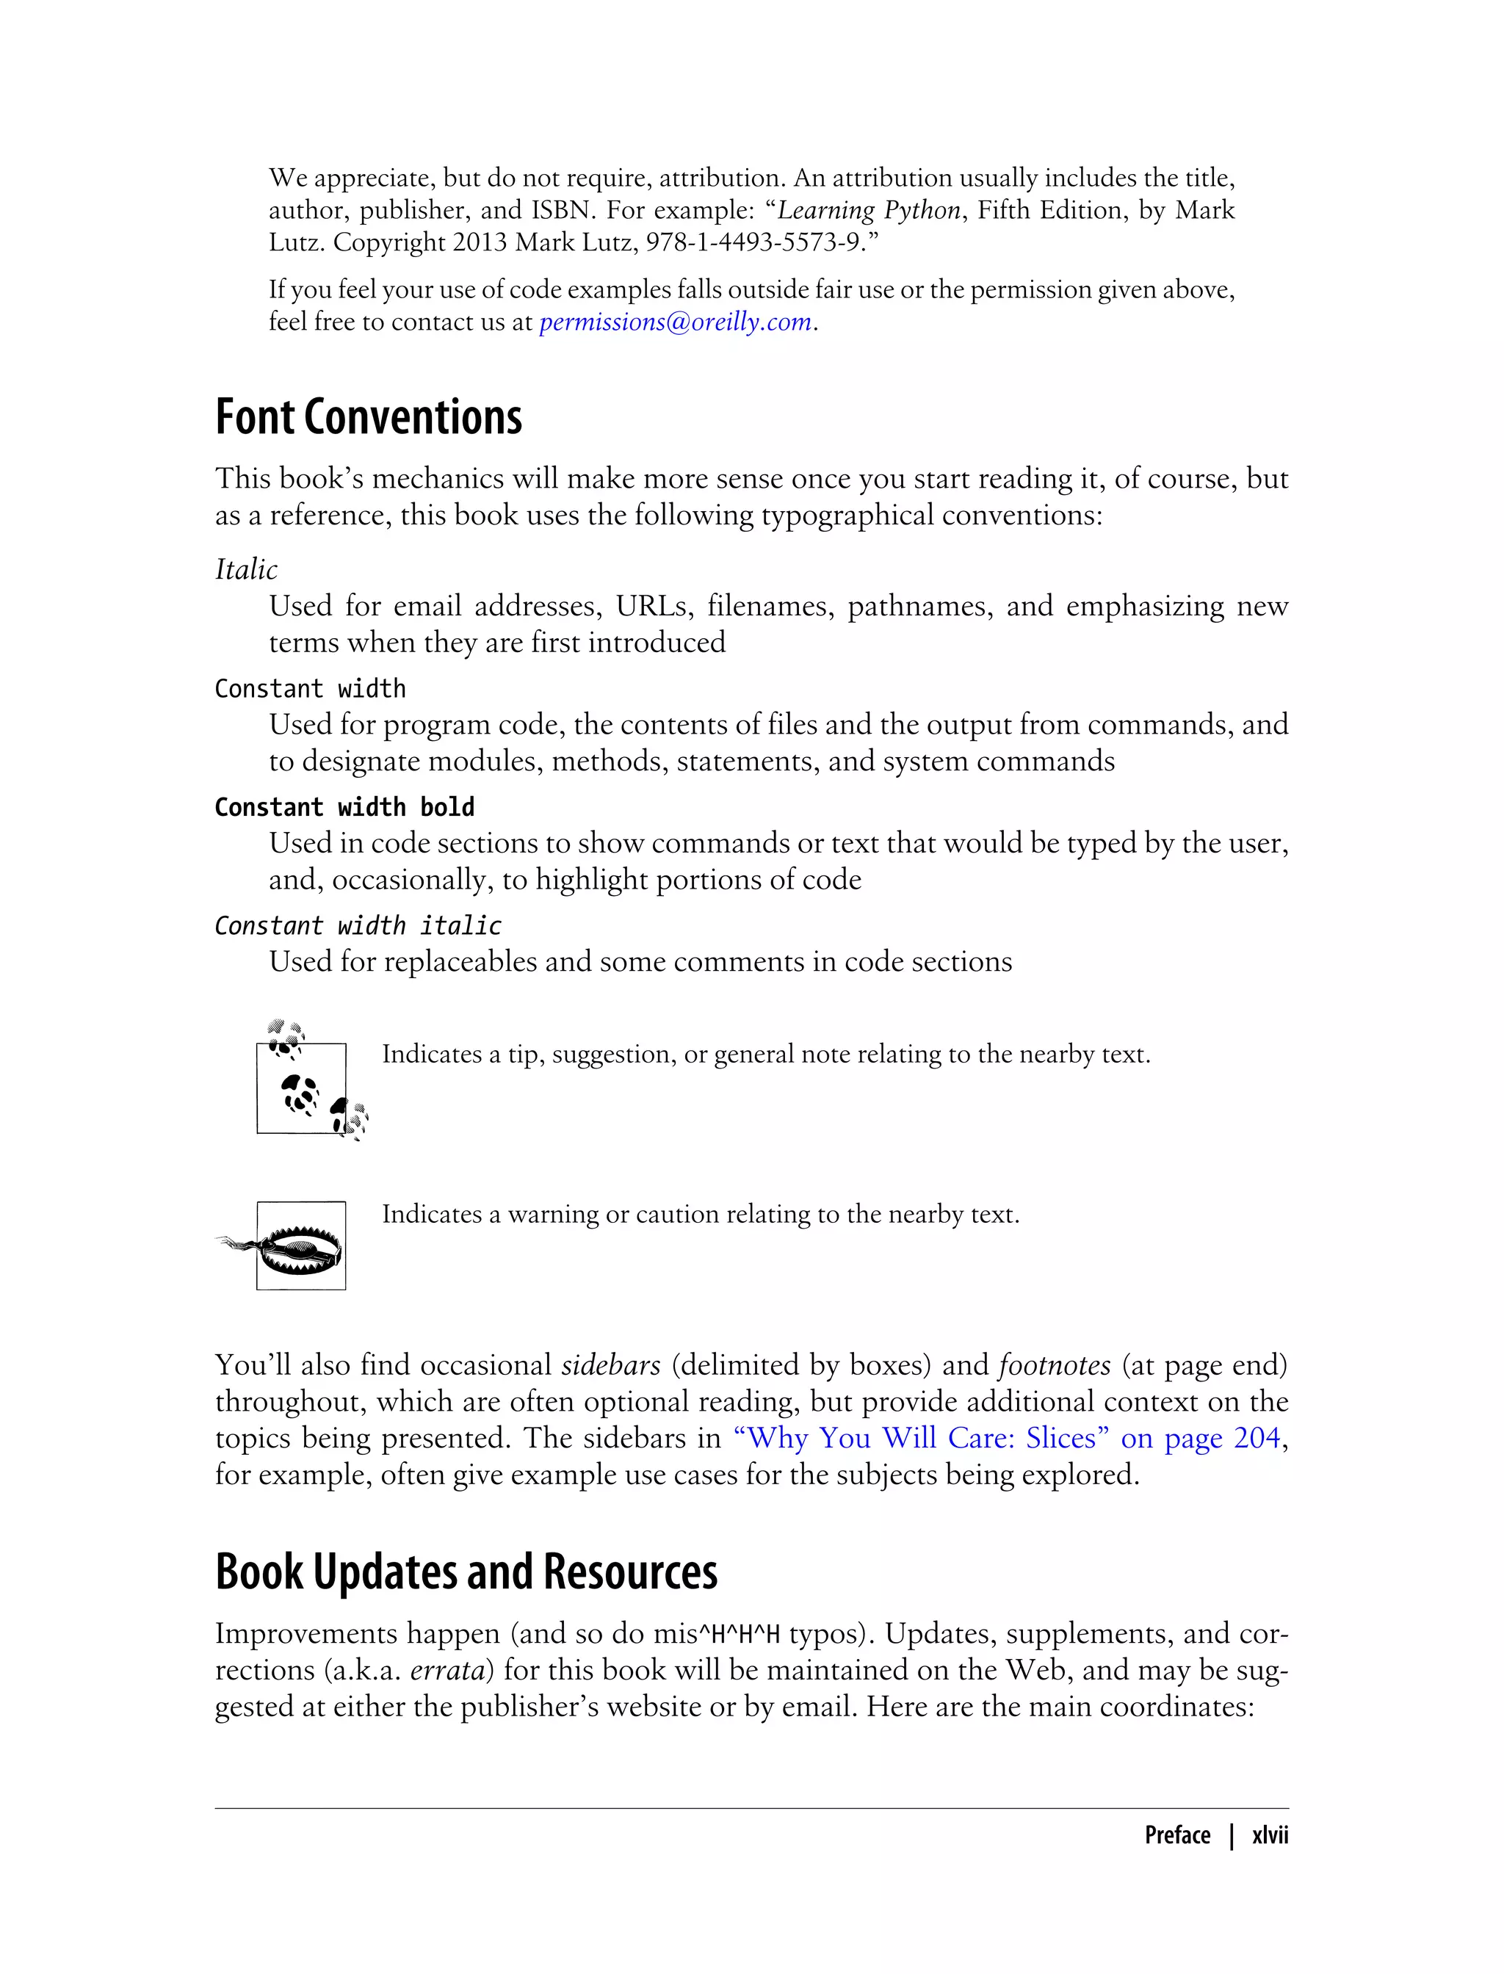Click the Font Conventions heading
tap(368, 417)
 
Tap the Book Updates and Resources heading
tap(466, 1572)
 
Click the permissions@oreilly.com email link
tap(675, 322)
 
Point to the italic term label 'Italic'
tap(246, 569)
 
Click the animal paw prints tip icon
tap(304, 1083)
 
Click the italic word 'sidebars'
tap(610, 1365)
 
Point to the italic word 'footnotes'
tap(1054, 1365)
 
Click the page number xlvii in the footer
tap(1270, 1835)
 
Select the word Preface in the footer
tap(1176, 1835)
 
